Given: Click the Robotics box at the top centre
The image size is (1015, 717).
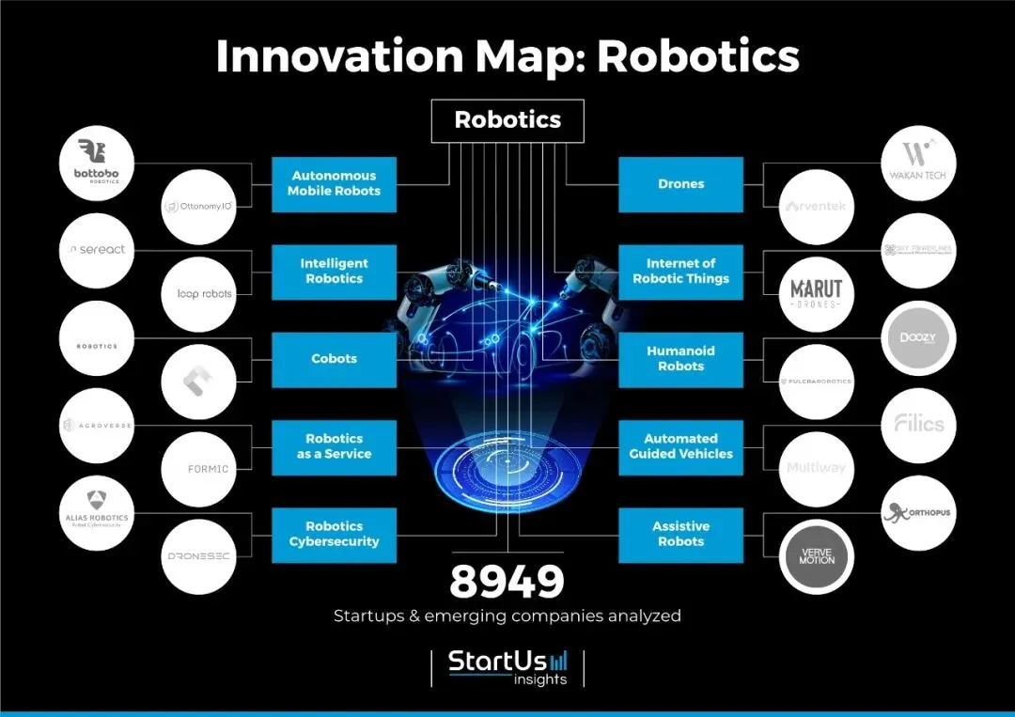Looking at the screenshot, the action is pos(507,120).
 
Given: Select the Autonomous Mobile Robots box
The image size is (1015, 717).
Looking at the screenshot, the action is pos(334,183).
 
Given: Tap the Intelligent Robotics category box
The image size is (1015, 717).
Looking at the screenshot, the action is pos(334,272).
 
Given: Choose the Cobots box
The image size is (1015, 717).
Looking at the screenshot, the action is pos(334,359).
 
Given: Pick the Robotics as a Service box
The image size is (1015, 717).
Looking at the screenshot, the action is pos(334,446).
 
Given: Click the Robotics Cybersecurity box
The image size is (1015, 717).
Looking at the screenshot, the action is pos(334,535).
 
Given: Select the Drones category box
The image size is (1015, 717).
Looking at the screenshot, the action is pos(680,184).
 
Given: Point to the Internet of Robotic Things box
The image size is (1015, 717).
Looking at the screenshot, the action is pos(680,272).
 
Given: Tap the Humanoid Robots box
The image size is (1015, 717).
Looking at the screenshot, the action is pos(680,359).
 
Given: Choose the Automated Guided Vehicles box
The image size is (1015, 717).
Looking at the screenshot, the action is pos(680,446).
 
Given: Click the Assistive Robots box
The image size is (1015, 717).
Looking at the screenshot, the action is pos(680,535).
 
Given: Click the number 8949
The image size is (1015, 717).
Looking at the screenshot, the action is pos(507,583).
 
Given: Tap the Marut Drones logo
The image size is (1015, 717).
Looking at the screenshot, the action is pos(817,292).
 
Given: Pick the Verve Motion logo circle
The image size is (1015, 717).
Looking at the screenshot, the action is pos(817,557).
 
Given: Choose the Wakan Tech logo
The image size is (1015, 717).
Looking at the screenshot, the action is pos(918,164).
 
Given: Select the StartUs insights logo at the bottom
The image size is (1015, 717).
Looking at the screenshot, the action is pos(507,667).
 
